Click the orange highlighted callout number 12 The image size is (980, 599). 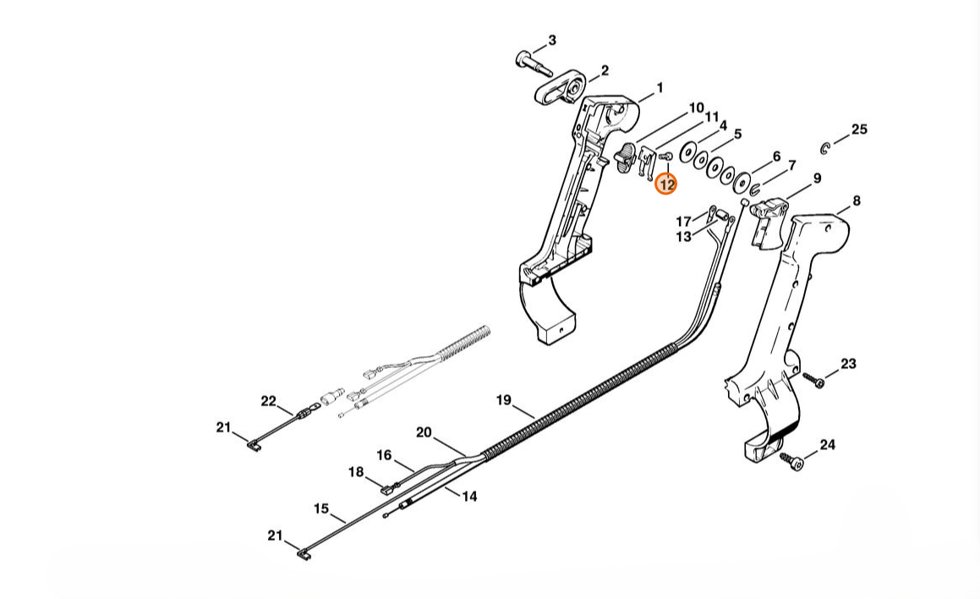coord(666,184)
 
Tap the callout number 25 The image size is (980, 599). coord(858,129)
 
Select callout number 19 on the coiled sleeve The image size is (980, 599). coord(504,400)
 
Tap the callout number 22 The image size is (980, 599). coord(268,401)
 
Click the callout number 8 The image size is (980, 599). coord(856,201)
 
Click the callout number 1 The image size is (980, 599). coord(660,87)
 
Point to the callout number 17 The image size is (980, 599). coord(683,222)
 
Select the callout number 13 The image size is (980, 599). coord(683,237)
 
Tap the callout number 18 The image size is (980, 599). coord(356,471)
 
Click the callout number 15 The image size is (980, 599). coord(321,508)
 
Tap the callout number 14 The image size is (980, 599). coord(468,496)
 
